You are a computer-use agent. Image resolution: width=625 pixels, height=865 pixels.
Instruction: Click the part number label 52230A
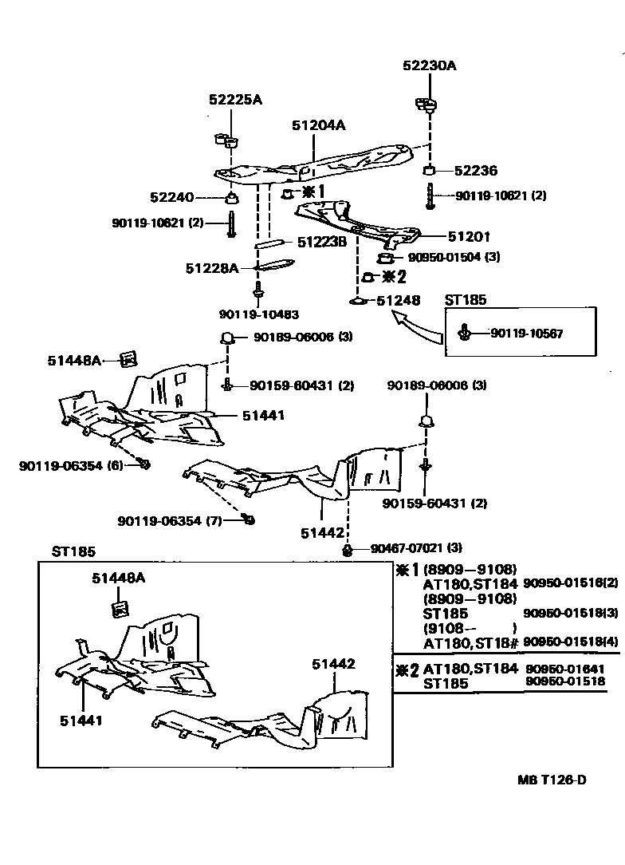click(430, 66)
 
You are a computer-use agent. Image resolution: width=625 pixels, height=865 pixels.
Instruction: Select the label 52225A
click(235, 100)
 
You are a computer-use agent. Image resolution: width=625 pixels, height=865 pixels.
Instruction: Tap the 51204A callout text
click(318, 125)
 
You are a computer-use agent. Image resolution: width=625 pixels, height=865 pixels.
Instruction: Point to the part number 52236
click(475, 171)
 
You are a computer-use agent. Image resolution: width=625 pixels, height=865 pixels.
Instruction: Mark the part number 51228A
click(212, 268)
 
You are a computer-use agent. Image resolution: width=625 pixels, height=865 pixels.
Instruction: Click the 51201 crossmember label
click(469, 236)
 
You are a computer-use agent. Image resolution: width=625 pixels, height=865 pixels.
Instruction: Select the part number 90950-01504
click(442, 257)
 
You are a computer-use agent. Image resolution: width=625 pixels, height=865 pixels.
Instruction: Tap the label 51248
click(398, 301)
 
